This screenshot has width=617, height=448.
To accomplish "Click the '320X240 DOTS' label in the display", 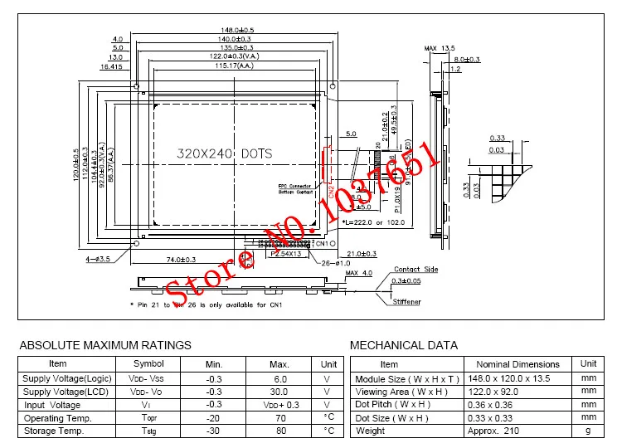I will [x=225, y=153].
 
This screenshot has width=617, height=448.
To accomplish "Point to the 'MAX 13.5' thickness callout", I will [x=440, y=48].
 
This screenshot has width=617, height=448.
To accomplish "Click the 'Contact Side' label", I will [x=415, y=270].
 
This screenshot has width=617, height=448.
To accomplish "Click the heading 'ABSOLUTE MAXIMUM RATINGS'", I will [x=105, y=345].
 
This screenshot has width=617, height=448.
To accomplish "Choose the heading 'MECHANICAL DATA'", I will [x=404, y=345].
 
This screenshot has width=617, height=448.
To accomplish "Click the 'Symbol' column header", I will [x=149, y=363].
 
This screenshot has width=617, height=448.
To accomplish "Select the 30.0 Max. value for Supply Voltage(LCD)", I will [x=279, y=392].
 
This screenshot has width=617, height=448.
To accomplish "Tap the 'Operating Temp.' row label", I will [x=57, y=418].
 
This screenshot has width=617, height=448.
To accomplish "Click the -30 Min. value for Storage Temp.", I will [x=214, y=431].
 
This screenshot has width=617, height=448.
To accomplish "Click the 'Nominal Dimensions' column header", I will [x=517, y=364].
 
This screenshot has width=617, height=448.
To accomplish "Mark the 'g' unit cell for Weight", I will [x=588, y=431].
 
